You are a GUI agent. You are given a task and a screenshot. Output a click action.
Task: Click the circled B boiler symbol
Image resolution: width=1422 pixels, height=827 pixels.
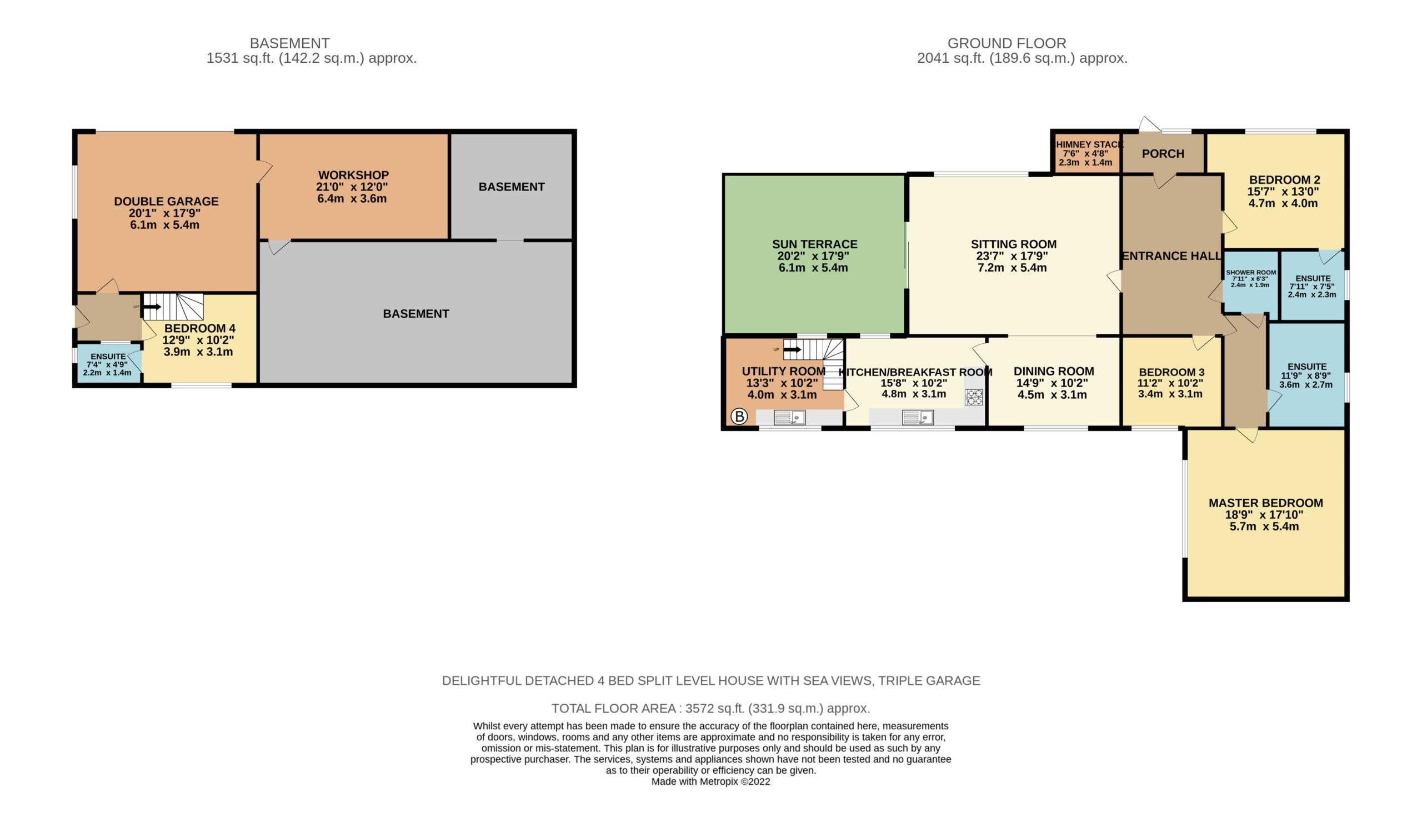(x=739, y=417)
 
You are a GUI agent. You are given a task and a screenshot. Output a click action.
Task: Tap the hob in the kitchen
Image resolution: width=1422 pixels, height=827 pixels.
(x=973, y=397)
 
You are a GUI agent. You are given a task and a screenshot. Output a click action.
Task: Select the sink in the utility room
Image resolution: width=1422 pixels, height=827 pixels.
(x=789, y=418)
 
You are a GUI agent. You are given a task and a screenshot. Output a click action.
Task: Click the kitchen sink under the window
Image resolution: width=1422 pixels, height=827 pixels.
(x=918, y=418)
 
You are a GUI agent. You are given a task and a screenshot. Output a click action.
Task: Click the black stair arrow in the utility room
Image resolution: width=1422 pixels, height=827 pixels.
(x=792, y=350)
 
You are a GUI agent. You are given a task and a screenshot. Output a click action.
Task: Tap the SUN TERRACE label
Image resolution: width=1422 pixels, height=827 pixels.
(x=814, y=244)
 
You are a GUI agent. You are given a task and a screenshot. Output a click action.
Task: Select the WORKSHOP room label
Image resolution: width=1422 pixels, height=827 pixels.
(x=353, y=175)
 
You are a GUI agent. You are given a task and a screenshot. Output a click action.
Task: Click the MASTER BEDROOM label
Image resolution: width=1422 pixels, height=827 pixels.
(x=1266, y=503)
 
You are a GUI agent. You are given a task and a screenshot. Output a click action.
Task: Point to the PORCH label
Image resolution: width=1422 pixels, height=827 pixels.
(x=1163, y=153)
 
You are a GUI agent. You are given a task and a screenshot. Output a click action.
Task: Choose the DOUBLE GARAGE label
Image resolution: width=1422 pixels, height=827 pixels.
(x=166, y=202)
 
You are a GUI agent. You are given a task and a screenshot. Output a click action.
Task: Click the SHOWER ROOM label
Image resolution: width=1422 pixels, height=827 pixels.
(x=1251, y=273)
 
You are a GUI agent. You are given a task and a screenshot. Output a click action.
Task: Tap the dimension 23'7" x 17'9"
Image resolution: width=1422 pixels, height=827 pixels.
(x=1012, y=256)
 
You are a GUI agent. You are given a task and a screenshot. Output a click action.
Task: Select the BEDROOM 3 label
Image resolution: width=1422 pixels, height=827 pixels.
(x=1171, y=372)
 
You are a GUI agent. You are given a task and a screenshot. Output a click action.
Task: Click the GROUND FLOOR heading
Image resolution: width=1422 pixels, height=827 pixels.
(x=1007, y=43)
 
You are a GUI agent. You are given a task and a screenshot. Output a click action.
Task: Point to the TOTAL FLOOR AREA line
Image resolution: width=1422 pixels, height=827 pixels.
(x=710, y=708)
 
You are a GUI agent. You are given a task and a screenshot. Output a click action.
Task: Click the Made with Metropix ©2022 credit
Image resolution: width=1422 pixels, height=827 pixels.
(x=710, y=781)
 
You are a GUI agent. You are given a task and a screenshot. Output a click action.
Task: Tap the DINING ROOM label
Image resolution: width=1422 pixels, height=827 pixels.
(x=1054, y=371)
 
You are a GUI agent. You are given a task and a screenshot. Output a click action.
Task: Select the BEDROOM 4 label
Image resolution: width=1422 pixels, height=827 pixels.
(x=200, y=328)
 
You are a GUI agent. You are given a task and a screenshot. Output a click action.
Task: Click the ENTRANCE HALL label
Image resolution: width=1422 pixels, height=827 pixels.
(x=1171, y=256)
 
